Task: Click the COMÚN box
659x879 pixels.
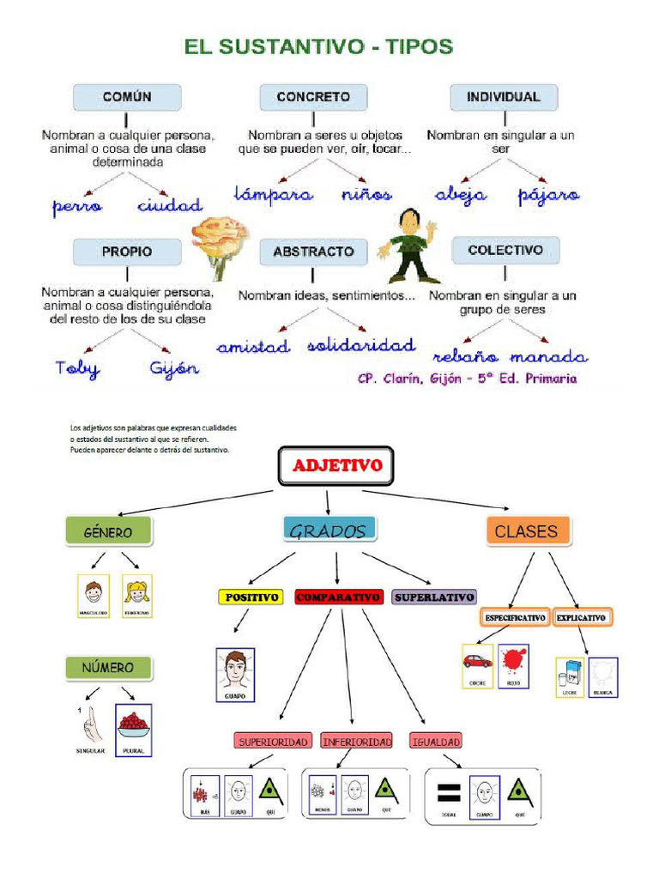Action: (127, 97)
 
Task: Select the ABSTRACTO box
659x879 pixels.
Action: (313, 252)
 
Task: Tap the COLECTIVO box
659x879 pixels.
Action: (505, 250)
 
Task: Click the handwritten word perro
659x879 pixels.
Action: (77, 206)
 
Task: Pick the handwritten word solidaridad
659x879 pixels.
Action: (361, 345)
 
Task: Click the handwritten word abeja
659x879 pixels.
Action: (460, 195)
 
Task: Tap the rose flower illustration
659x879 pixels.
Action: (220, 240)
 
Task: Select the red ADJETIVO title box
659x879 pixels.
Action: (336, 467)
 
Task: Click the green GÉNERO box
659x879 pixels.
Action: (108, 532)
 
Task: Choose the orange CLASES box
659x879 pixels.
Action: (526, 531)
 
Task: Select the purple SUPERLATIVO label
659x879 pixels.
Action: (434, 597)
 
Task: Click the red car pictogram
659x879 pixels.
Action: (477, 662)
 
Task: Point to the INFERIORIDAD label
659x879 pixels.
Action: (356, 741)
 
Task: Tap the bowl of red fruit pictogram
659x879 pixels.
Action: (133, 726)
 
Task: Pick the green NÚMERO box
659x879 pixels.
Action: (108, 667)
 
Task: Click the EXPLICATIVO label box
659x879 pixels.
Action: (581, 617)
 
